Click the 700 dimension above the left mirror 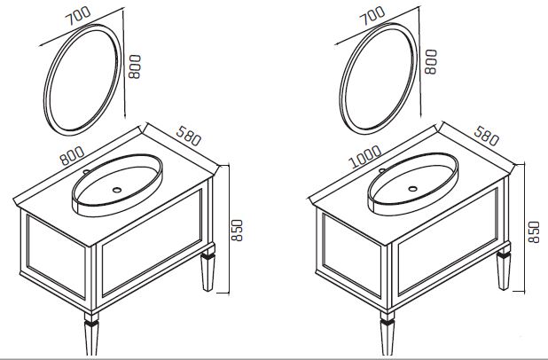tap(79, 16)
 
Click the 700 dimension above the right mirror tap(373, 16)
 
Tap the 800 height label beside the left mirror tap(135, 67)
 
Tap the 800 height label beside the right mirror tap(431, 62)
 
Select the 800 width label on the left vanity tap(72, 155)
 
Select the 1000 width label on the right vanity tap(365, 156)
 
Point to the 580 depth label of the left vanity tap(189, 136)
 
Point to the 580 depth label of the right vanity tap(486, 136)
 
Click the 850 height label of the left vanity tap(237, 231)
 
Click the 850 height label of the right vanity tap(535, 231)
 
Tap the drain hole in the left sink tap(117, 190)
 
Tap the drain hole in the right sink tap(412, 189)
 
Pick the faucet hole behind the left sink tap(86, 172)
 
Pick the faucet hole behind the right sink tap(382, 170)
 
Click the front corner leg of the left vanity tap(91, 333)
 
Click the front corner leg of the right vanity tap(388, 333)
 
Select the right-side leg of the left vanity tap(208, 270)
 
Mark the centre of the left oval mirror tap(82, 80)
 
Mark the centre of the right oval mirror tap(379, 79)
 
